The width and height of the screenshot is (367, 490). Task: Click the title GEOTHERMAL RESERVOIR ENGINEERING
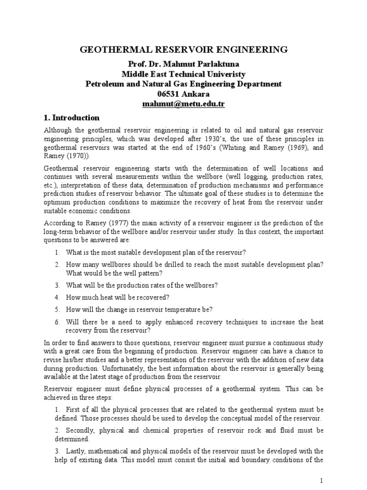pyautogui.click(x=183, y=50)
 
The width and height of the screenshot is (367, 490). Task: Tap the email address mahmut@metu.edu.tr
pyautogui.click(x=183, y=104)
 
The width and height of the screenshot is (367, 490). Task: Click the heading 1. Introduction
pyautogui.click(x=72, y=118)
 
